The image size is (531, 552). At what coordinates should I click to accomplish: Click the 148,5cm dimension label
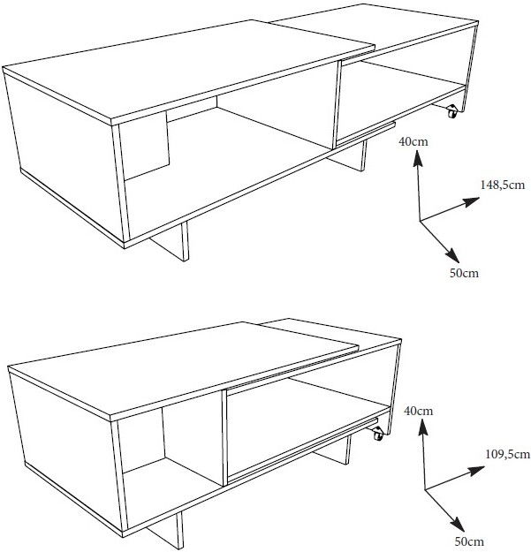(503, 185)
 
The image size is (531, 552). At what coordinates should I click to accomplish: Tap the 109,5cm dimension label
(507, 454)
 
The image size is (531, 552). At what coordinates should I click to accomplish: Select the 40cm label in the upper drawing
(413, 141)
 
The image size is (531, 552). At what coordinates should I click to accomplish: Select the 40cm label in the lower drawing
(418, 411)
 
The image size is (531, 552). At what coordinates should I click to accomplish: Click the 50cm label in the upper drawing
(464, 273)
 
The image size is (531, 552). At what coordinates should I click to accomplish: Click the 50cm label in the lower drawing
(469, 541)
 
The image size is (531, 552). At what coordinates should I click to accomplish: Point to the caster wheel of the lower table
(378, 434)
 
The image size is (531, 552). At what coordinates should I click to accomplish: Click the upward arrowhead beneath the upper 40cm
(418, 158)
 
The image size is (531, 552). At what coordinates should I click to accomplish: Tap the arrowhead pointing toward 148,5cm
(471, 202)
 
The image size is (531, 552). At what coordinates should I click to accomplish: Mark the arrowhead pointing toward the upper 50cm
(452, 255)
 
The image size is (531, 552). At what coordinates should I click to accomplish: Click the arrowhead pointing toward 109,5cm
(476, 471)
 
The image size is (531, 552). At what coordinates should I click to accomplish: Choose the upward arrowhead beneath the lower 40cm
(422, 428)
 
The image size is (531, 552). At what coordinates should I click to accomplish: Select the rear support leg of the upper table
(348, 157)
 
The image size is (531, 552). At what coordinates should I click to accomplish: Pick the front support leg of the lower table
(166, 532)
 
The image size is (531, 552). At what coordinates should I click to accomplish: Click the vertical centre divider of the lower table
(225, 438)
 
